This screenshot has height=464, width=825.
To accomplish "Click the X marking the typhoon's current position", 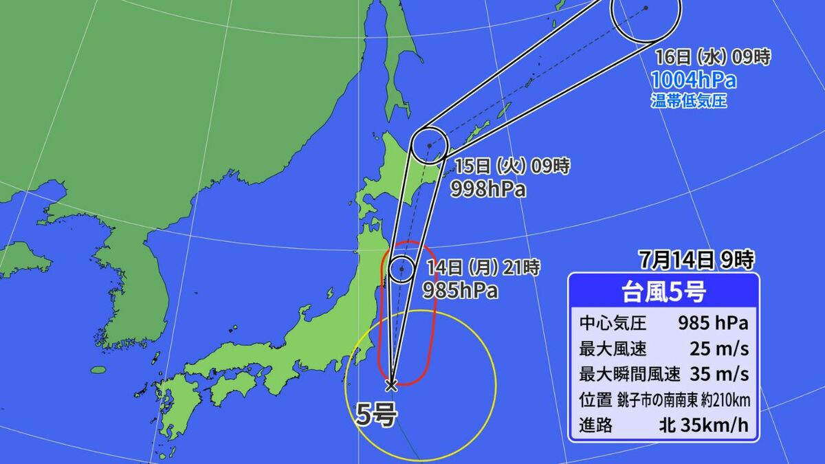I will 391,385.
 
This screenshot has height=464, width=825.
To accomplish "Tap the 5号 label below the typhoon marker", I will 376,414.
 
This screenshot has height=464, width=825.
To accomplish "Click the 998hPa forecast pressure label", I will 488,190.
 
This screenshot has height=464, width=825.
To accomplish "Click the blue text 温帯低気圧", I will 688,102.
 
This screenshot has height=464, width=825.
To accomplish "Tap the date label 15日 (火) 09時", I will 512,166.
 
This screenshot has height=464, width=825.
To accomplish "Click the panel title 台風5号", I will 663,291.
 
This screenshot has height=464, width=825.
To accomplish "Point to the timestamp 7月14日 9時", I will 696,260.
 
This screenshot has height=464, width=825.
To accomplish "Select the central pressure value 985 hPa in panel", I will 714,322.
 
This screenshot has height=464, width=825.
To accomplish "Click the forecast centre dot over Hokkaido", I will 429,146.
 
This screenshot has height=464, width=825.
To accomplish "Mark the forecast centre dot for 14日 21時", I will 401,269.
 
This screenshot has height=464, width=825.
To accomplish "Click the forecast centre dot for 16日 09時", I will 646,8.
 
